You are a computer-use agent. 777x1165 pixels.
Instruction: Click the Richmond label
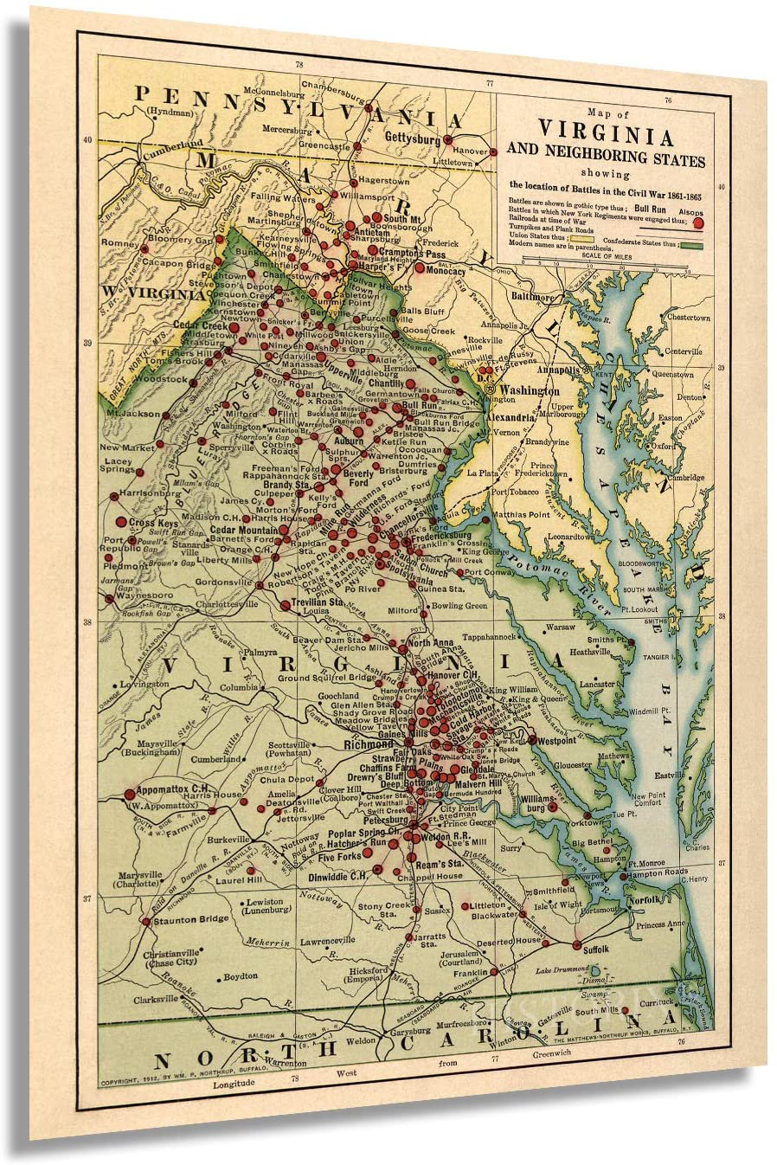tap(368, 743)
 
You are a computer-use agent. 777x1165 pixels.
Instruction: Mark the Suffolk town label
tap(596, 949)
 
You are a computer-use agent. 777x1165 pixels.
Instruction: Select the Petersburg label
tap(385, 819)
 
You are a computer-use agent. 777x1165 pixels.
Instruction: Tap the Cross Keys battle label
tap(153, 523)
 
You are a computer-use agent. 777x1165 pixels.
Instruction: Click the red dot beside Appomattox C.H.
tap(130, 793)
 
